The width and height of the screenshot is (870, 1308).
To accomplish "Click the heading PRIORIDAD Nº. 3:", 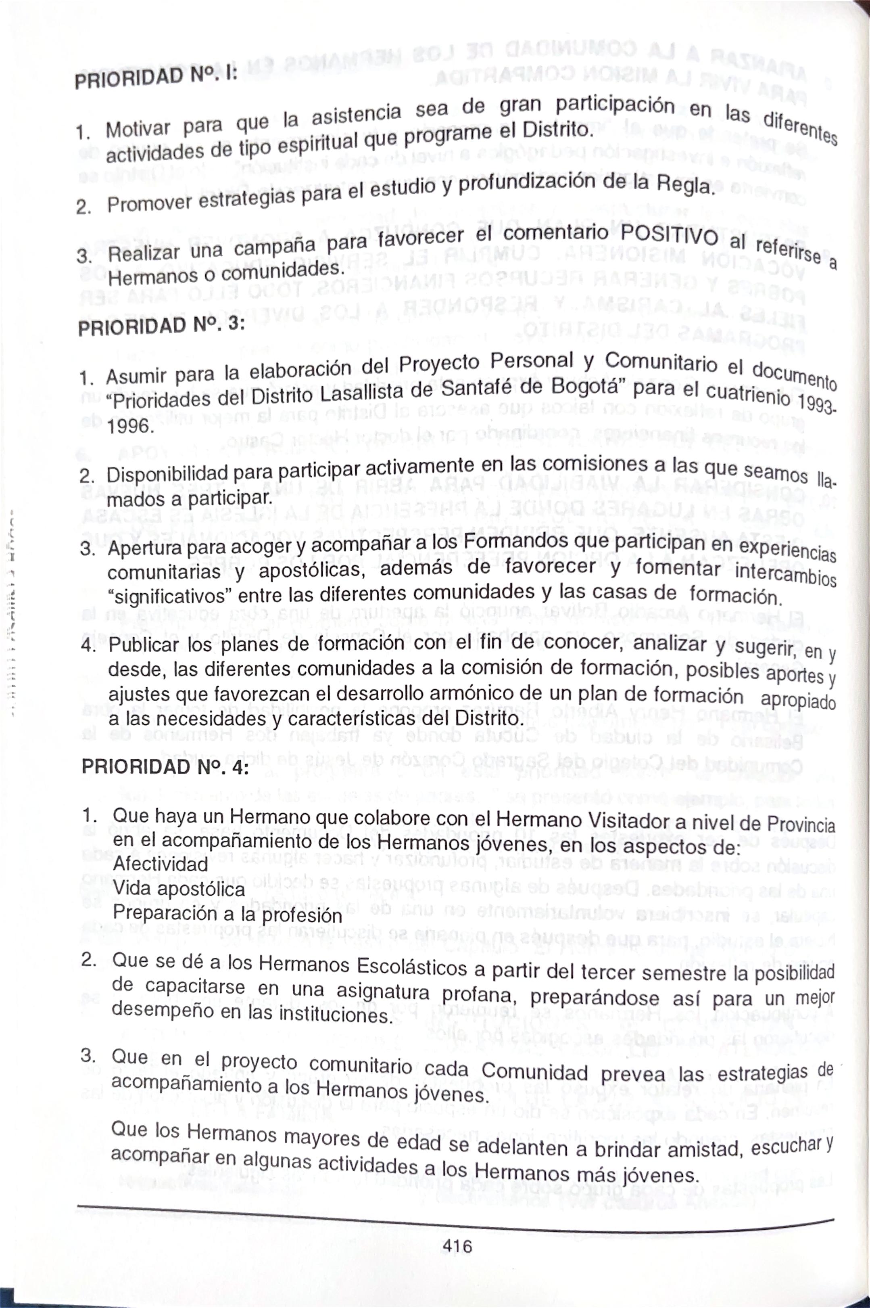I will (161, 325).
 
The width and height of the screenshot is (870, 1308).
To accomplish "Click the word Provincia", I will (801, 823).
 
